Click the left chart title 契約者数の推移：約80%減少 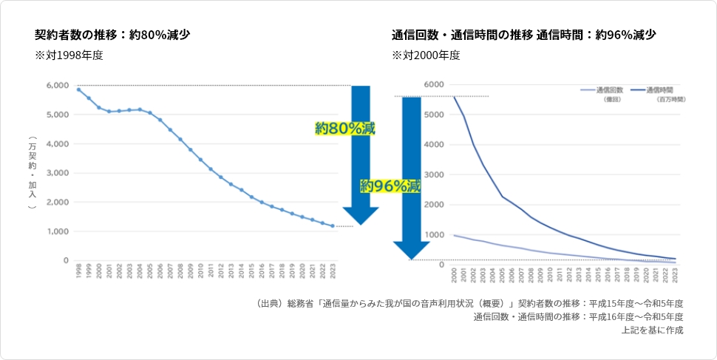tap(113, 35)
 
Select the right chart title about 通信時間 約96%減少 tap(523, 35)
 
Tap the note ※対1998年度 tap(69, 55)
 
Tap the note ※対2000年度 tap(426, 55)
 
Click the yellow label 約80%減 tap(344, 129)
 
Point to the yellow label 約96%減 tap(390, 186)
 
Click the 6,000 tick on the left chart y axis tap(58, 86)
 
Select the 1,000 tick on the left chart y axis tap(58, 231)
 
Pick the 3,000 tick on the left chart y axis tap(58, 173)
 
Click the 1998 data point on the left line tap(78, 89)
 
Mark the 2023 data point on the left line tap(333, 226)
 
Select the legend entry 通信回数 tap(611, 89)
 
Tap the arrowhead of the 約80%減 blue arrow tap(361, 215)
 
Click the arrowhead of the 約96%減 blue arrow tap(411, 250)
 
